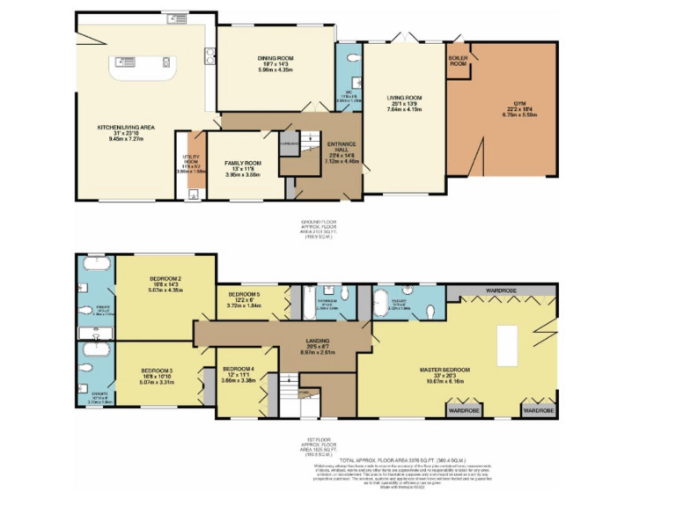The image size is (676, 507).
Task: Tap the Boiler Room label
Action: tap(458, 61)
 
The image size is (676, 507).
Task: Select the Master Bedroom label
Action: tap(456, 370)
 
